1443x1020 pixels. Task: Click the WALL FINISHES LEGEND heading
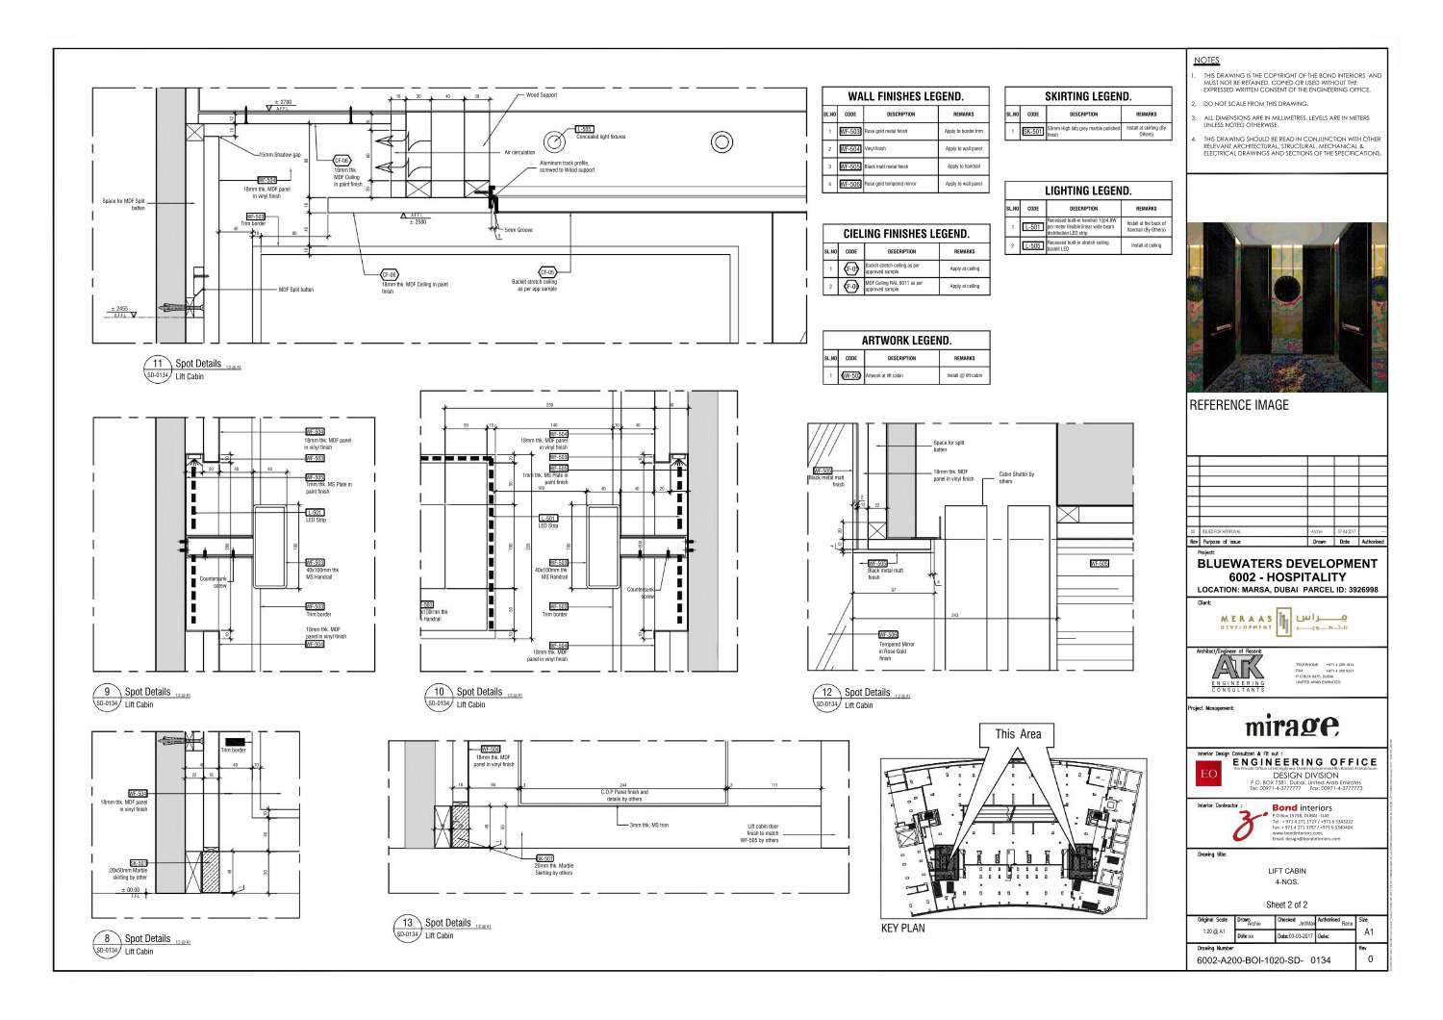click(905, 96)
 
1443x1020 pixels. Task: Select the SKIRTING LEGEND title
click(1088, 96)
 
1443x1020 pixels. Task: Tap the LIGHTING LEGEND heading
click(1088, 191)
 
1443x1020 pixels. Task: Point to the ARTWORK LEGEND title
click(905, 341)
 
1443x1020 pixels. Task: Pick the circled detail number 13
click(408, 923)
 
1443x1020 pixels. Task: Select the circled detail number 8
click(107, 939)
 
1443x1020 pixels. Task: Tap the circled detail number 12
click(827, 692)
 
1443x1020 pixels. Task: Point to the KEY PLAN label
click(902, 929)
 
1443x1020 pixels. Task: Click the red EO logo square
click(1208, 774)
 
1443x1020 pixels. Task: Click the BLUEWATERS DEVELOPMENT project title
click(1287, 564)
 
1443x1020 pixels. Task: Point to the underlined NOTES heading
click(1205, 61)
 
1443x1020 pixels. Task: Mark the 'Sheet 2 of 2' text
click(1286, 905)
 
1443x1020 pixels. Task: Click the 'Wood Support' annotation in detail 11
click(542, 96)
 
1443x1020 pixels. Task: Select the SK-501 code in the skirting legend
click(1032, 131)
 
